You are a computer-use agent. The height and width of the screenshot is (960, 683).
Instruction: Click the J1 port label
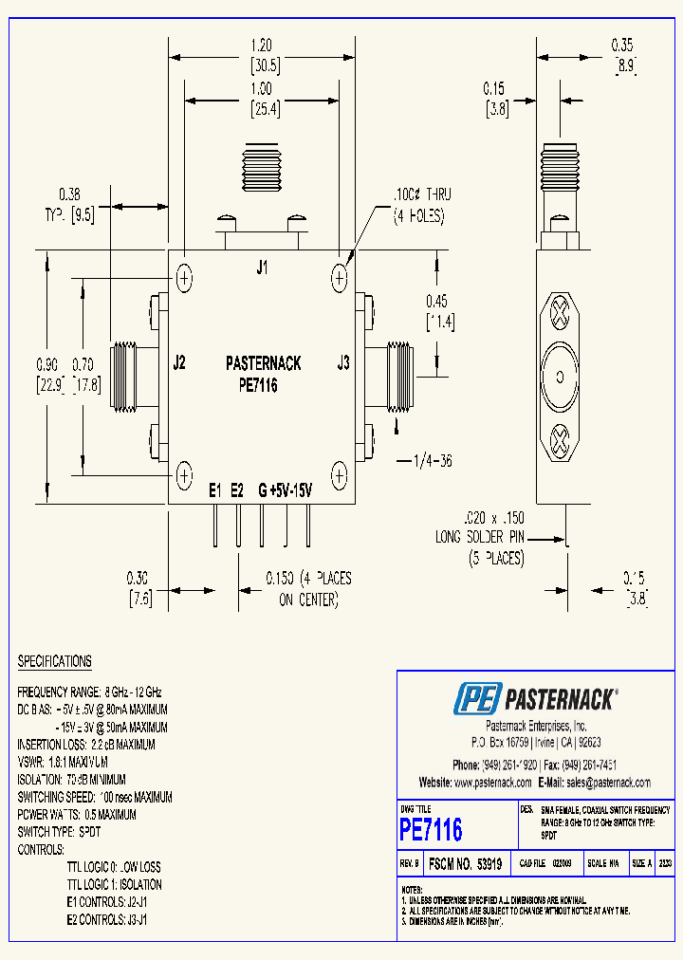pyautogui.click(x=262, y=268)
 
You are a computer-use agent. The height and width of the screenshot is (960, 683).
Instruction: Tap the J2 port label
pyautogui.click(x=179, y=362)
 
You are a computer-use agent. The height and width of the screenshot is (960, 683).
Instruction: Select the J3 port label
pyautogui.click(x=343, y=362)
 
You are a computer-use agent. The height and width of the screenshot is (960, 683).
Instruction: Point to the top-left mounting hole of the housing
pyautogui.click(x=184, y=278)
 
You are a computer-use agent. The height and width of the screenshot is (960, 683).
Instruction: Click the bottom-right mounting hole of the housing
pyautogui.click(x=340, y=473)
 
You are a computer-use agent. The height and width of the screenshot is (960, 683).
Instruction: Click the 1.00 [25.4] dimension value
pyautogui.click(x=265, y=88)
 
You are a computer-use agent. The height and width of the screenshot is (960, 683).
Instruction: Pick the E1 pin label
pyautogui.click(x=215, y=490)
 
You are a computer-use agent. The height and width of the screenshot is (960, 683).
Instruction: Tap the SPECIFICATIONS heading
pyautogui.click(x=55, y=661)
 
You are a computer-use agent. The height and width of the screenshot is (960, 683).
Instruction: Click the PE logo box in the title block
pyautogui.click(x=476, y=700)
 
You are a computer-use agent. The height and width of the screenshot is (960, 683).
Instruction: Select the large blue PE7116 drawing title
pyautogui.click(x=431, y=830)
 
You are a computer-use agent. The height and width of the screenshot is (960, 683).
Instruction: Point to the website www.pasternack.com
pyautogui.click(x=492, y=783)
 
